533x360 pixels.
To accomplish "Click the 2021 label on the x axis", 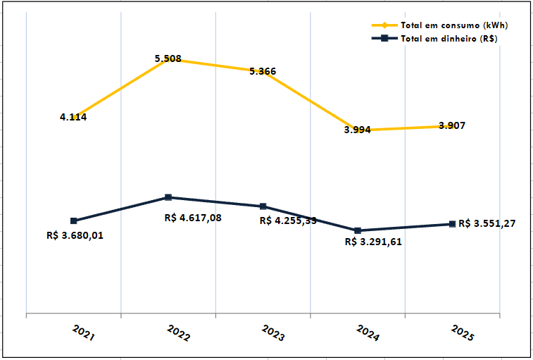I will tap(83, 333).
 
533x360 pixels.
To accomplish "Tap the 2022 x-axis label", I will tap(178, 333).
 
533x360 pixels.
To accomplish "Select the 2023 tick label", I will tap(273, 333).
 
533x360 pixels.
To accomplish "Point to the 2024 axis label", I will tap(368, 333).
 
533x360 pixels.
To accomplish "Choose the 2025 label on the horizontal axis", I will tap(462, 333).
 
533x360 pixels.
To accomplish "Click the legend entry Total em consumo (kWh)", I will tap(454, 25).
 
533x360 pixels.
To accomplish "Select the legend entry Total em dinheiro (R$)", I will tap(449, 39).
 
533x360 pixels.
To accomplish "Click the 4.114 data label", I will tap(73, 117).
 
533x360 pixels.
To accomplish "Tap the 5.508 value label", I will tap(168, 58).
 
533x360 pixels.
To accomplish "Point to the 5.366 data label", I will tap(263, 71).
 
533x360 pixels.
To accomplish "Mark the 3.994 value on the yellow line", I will tap(358, 130).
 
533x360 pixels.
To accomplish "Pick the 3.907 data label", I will tap(451, 125).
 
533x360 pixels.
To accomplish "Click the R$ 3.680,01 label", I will tap(75, 235).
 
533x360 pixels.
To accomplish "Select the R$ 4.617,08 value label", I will tap(193, 218).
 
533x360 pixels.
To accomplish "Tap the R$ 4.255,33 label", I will tap(288, 221).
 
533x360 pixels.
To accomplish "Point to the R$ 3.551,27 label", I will tap(487, 223).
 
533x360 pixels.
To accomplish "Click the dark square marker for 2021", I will tap(74, 221).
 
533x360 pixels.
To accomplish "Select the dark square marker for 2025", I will tap(452, 224).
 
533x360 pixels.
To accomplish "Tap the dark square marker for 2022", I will tap(168, 197).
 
